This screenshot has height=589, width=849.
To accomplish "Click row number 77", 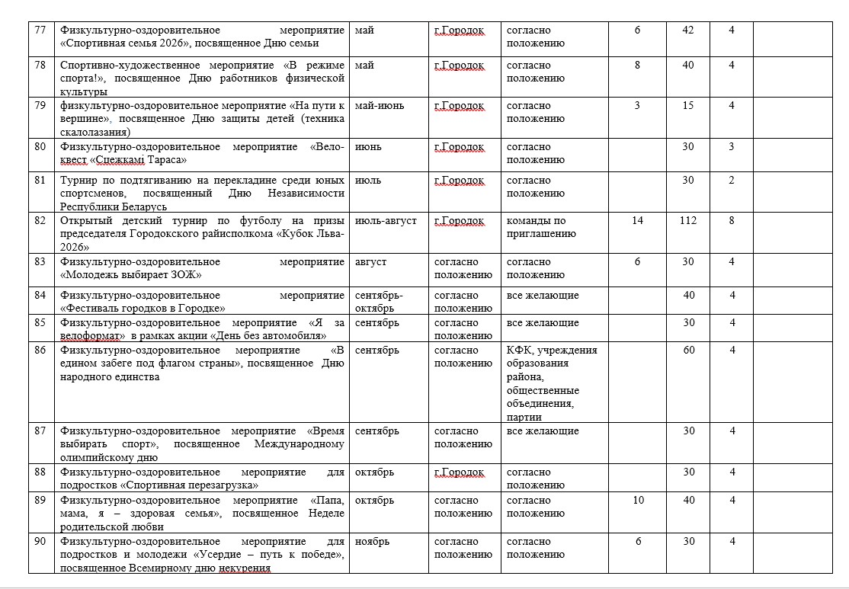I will [40, 30].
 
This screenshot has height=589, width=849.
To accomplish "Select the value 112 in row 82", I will [688, 221].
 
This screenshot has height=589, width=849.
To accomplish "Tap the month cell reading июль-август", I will [386, 221].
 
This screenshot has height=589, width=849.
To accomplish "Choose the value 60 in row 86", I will [689, 351].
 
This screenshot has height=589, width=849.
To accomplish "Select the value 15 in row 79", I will [688, 106].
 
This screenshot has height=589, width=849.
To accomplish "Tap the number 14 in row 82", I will [638, 221].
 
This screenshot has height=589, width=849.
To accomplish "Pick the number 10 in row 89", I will [638, 501].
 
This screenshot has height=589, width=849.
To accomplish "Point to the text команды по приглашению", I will [542, 227].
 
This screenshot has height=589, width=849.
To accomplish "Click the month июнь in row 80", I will [369, 147].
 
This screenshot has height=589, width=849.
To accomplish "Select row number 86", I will [40, 351].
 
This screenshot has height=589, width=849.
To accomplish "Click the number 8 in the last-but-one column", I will [731, 221].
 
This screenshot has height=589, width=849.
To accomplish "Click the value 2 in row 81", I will [731, 181].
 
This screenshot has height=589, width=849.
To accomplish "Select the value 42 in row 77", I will [688, 30].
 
